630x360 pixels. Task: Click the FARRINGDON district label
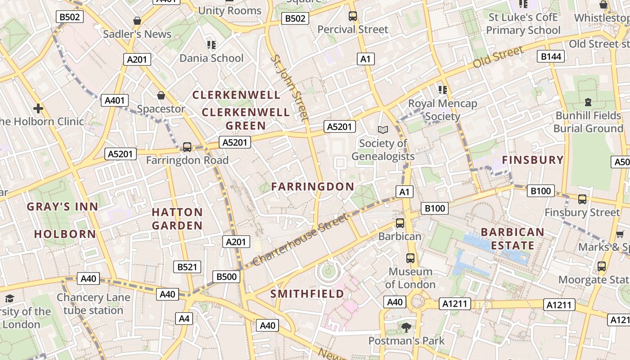coord(313,186)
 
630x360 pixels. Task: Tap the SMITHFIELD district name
coord(307,294)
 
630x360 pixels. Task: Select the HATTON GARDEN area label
coord(177,219)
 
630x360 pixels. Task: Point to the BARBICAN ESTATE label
coord(513,239)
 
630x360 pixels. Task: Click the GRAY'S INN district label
coord(62,207)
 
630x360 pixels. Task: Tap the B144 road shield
coord(551,56)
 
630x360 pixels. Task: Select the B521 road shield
coord(187,267)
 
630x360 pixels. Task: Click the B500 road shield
coord(226,276)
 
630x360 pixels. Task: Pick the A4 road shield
coord(184,319)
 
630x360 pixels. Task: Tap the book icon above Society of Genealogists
coord(383,130)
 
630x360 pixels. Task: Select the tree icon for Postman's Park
coord(406,327)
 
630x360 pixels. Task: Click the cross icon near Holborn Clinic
coord(38,108)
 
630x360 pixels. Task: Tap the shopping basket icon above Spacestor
coord(161,95)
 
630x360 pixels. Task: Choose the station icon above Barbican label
coord(400,223)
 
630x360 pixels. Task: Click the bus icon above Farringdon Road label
coord(187,147)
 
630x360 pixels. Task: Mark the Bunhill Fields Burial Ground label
coord(588,122)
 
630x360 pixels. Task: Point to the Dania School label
coord(211,58)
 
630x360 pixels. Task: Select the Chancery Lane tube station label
coord(93,304)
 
